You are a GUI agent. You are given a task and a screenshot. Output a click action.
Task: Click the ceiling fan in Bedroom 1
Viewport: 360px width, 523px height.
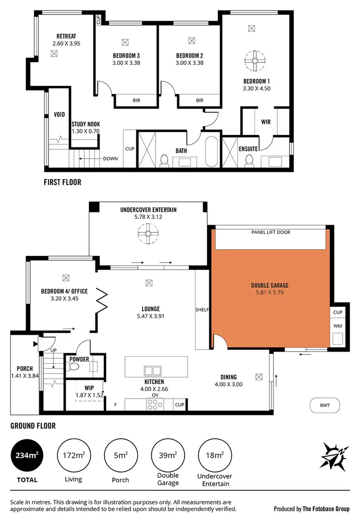click(x=255, y=61)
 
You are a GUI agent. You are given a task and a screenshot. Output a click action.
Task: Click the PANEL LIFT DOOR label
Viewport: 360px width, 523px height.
click(x=271, y=232)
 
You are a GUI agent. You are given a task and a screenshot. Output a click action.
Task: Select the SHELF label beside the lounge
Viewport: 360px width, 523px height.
click(x=202, y=310)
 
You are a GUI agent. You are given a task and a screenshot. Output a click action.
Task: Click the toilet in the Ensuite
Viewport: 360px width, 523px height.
click(x=249, y=160)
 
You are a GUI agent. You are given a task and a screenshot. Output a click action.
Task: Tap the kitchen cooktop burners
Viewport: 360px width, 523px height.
click(x=155, y=404)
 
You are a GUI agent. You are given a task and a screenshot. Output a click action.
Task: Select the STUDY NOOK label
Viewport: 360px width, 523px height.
click(x=85, y=124)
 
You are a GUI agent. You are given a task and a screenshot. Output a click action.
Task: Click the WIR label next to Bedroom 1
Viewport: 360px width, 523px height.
click(x=265, y=122)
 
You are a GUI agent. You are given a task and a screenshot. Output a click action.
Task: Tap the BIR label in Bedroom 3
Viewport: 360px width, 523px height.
click(x=136, y=100)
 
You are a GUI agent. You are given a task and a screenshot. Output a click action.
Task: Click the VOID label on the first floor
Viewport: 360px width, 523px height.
click(x=59, y=115)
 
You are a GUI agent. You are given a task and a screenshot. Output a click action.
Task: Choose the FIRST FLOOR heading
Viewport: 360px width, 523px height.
click(x=62, y=182)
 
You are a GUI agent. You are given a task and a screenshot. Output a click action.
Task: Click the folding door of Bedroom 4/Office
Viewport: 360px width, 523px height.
click(x=103, y=301)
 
